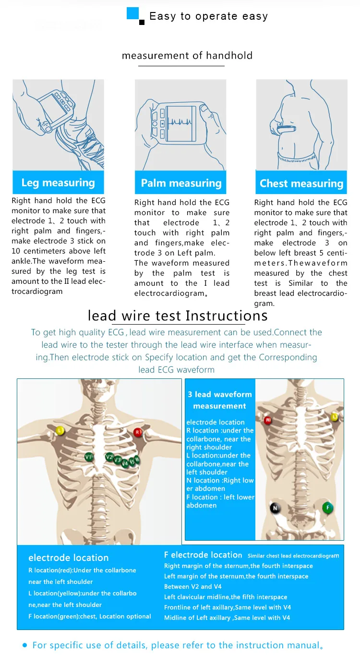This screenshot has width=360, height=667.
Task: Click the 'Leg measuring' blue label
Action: pyautogui.click(x=58, y=182)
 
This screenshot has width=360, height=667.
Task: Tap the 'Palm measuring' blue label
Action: pyautogui.click(x=181, y=183)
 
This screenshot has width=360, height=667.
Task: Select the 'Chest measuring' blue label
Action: pyautogui.click(x=301, y=183)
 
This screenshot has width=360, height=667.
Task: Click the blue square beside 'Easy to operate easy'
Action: pyautogui.click(x=133, y=13)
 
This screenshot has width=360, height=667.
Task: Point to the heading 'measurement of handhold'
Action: pyautogui.click(x=187, y=56)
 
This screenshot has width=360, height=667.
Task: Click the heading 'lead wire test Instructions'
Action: pyautogui.click(x=178, y=315)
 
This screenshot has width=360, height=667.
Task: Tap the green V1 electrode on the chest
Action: pyautogui.click(x=88, y=457)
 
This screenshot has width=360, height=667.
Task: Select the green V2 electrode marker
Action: pyautogui.click(x=110, y=457)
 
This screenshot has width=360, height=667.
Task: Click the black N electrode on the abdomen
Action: pyautogui.click(x=275, y=508)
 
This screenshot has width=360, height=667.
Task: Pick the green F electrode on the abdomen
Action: pyautogui.click(x=328, y=507)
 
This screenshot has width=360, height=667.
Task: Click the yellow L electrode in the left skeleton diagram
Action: pyautogui.click(x=60, y=431)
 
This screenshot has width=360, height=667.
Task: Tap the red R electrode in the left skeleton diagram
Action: pyautogui.click(x=138, y=432)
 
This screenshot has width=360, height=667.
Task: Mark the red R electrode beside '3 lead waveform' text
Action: pyautogui.click(x=268, y=421)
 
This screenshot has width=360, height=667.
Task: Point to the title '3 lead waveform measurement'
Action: pyautogui.click(x=220, y=400)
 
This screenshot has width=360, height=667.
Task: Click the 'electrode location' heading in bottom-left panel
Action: pyautogui.click(x=68, y=558)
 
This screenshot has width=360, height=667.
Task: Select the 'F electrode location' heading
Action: pyautogui.click(x=203, y=555)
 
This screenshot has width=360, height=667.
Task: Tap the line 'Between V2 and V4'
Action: pyautogui.click(x=192, y=586)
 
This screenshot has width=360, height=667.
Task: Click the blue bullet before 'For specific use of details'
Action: pyautogui.click(x=25, y=645)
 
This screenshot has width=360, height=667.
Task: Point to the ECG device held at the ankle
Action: pyautogui.click(x=55, y=106)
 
